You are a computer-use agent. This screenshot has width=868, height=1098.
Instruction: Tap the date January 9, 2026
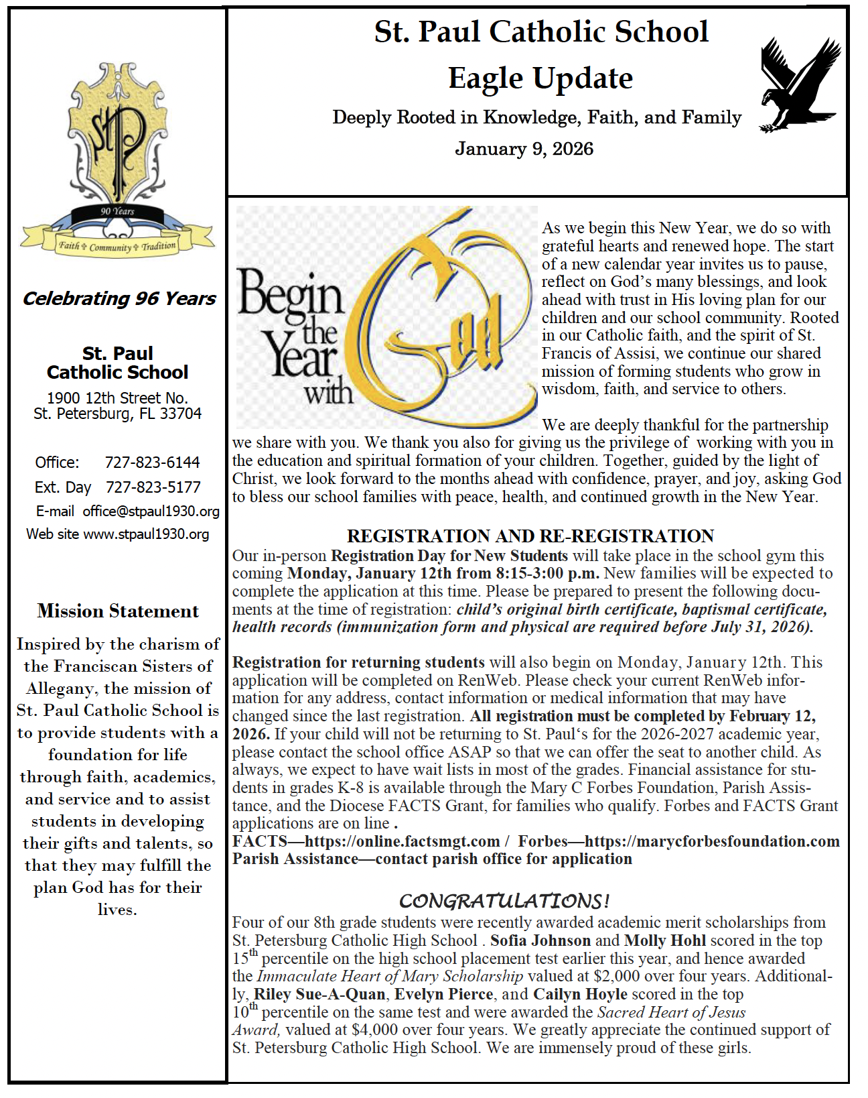(524, 149)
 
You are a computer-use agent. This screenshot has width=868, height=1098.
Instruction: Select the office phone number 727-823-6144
(152, 463)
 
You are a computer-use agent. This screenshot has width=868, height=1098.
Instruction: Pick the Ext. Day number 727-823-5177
(153, 487)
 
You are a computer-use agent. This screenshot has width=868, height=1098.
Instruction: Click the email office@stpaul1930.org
(151, 511)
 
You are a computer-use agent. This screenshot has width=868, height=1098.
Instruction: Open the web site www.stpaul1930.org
(146, 534)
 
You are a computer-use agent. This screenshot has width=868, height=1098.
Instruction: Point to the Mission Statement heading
(118, 611)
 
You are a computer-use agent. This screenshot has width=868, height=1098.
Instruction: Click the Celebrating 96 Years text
(119, 298)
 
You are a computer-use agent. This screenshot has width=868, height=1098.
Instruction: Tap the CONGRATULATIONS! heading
(504, 900)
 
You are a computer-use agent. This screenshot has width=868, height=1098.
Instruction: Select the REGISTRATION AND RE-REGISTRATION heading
(530, 536)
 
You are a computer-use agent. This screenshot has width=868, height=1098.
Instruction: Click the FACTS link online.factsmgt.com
(402, 841)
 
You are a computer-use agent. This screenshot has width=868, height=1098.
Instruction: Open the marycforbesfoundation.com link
(711, 841)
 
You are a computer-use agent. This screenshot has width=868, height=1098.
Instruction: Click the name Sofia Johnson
(540, 940)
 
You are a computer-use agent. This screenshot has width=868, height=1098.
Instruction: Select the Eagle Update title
(540, 78)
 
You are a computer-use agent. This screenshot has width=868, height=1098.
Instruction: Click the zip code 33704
(181, 414)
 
